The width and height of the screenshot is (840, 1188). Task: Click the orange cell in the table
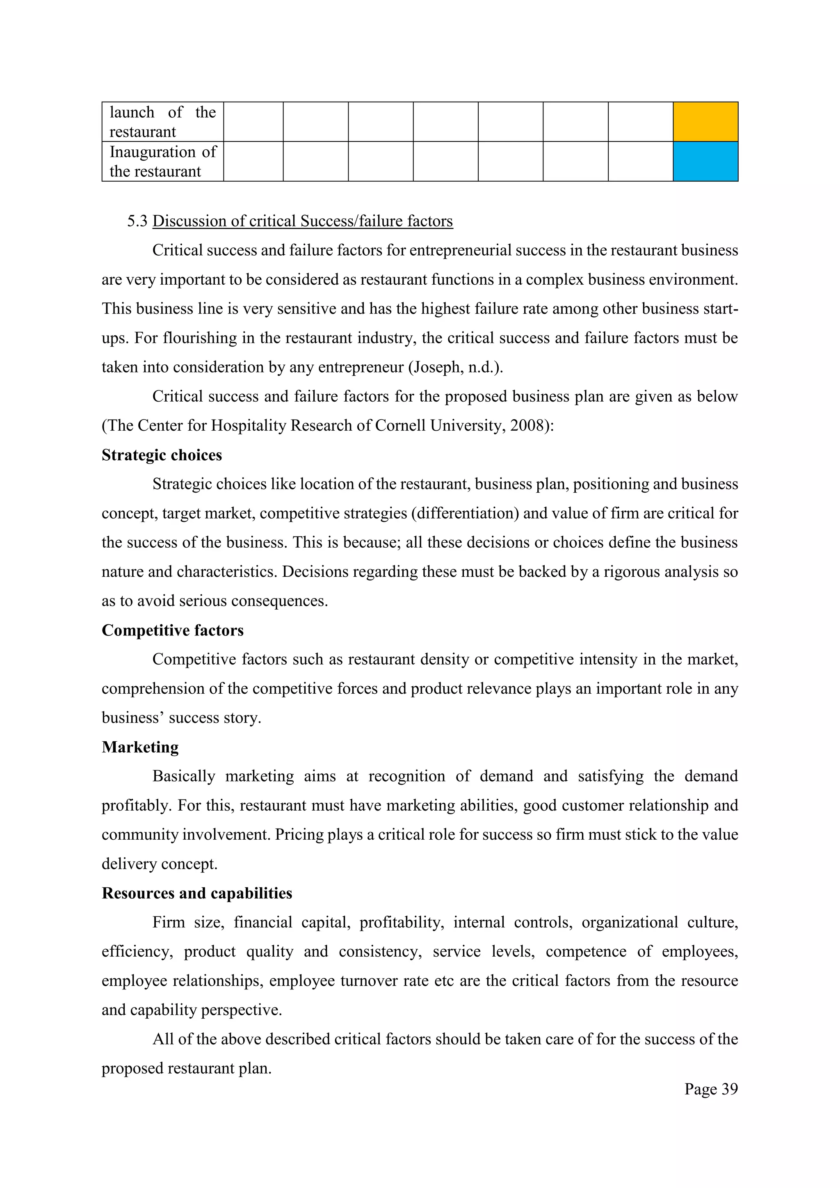coord(705,121)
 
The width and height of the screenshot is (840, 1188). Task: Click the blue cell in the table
coord(705,162)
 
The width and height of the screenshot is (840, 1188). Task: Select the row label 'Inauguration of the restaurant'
coord(162,162)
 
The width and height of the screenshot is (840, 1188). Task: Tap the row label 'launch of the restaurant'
coord(162,121)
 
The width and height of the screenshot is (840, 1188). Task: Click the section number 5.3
coord(137,221)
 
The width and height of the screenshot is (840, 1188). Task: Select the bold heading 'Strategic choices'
coord(161,455)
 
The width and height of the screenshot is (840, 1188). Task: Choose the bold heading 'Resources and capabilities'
coord(196,893)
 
